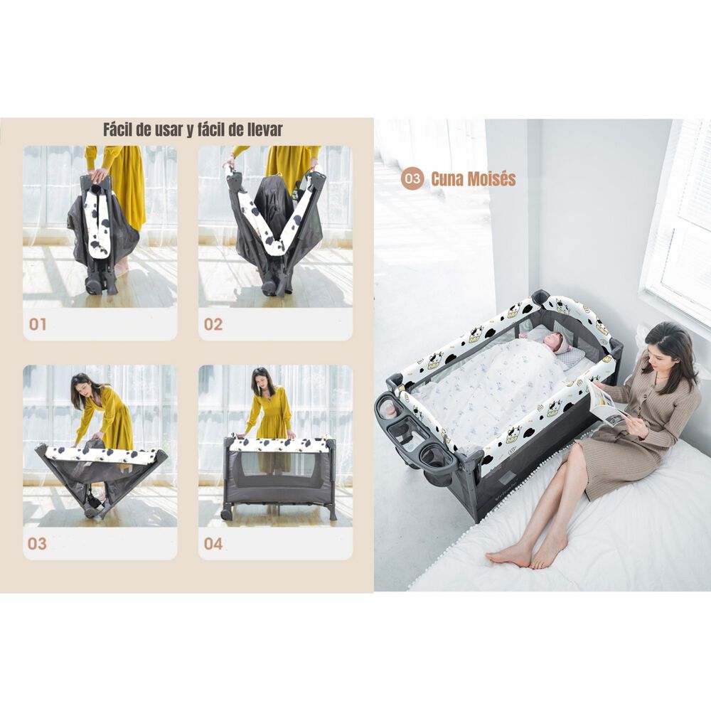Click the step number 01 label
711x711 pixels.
tap(38, 324)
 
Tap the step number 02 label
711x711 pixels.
tap(213, 324)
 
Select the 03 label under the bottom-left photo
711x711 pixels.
tap(37, 543)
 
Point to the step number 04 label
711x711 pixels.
tap(213, 543)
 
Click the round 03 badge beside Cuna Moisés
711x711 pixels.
tap(412, 178)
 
